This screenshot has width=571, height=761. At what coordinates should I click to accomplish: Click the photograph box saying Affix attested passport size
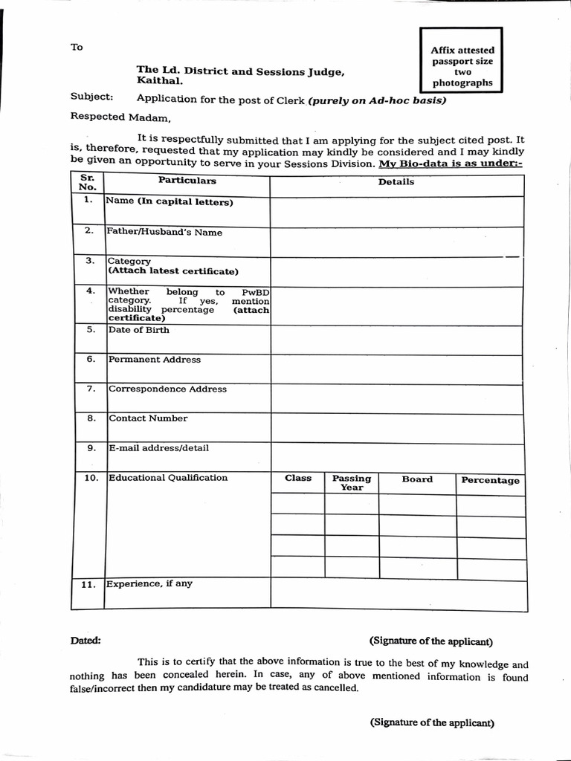pyautogui.click(x=462, y=61)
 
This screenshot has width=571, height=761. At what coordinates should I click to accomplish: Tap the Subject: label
pyautogui.click(x=92, y=97)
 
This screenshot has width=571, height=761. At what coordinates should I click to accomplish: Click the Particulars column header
pyautogui.click(x=187, y=181)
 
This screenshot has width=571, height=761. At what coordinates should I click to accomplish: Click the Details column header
pyautogui.click(x=396, y=182)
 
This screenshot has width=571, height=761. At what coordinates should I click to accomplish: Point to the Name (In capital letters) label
pyautogui.click(x=170, y=201)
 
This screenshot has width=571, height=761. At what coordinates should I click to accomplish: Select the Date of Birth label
pyautogui.click(x=138, y=330)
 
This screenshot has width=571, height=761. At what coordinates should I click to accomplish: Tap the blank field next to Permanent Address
pyautogui.click(x=397, y=369)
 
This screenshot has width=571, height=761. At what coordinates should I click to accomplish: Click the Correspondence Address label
pyautogui.click(x=167, y=389)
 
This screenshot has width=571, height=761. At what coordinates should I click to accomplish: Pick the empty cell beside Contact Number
pyautogui.click(x=397, y=427)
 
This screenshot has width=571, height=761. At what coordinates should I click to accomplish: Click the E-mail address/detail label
pyautogui.click(x=158, y=448)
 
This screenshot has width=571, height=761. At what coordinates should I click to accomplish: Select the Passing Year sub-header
pyautogui.click(x=352, y=483)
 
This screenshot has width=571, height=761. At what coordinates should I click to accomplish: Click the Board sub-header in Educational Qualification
pyautogui.click(x=417, y=479)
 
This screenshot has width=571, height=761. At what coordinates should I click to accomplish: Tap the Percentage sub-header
pyautogui.click(x=490, y=480)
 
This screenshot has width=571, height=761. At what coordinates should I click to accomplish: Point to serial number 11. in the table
pyautogui.click(x=89, y=585)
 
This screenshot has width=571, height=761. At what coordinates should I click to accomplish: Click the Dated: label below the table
pyautogui.click(x=86, y=641)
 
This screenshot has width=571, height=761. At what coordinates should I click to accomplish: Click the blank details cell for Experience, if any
pyautogui.click(x=397, y=594)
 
